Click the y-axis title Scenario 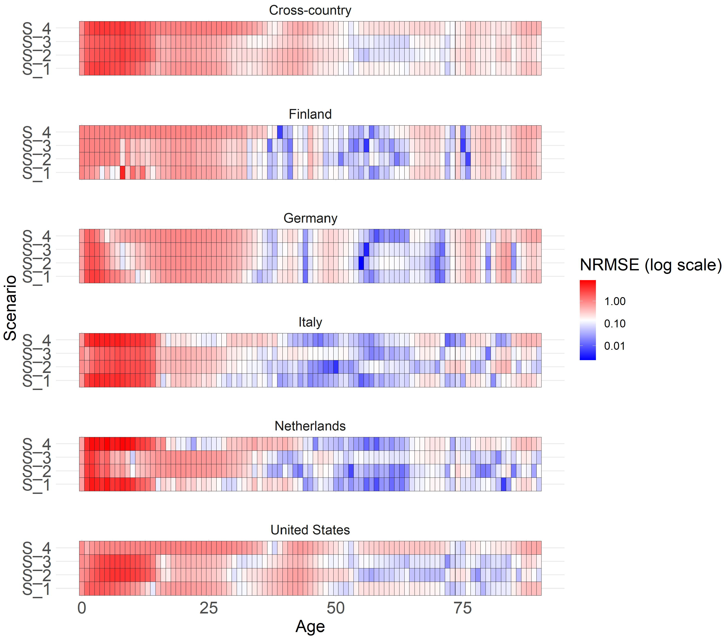point(11,308)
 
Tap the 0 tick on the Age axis point(82,608)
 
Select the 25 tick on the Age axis point(209,608)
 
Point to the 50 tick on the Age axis point(335,608)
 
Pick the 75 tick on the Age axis point(462,608)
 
